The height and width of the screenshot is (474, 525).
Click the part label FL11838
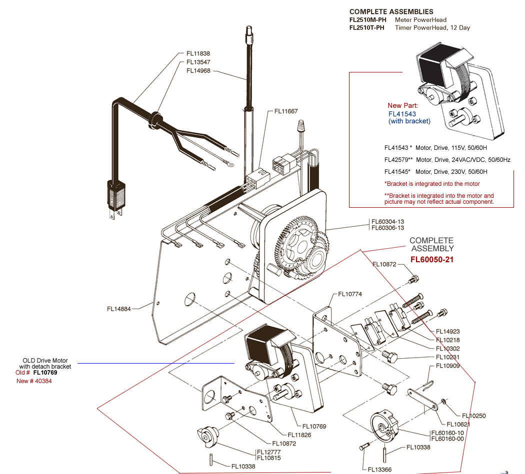tap(198, 53)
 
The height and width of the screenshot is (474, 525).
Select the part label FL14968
tap(198, 71)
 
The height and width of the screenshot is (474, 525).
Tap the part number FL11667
tap(286, 111)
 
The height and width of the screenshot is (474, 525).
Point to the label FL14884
tap(119, 309)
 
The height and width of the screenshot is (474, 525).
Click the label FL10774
tap(350, 294)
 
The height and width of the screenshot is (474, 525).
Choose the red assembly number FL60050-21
tap(432, 260)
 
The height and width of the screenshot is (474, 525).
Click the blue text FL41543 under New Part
tap(402, 114)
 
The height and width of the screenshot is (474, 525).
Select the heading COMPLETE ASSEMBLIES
tap(391, 11)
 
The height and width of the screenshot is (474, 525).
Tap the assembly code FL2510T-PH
tap(366, 28)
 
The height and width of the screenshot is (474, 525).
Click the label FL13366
tap(379, 470)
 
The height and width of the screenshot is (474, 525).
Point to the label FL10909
tap(447, 366)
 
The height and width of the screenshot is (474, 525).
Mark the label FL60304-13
tap(387, 222)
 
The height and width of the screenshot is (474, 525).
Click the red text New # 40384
tap(34, 381)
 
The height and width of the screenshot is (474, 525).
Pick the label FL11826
tap(299, 435)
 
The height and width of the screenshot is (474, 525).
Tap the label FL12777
tap(269, 452)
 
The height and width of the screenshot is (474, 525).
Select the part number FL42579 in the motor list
tap(396, 160)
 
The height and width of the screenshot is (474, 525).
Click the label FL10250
tap(474, 416)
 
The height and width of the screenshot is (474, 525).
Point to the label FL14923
tap(447, 332)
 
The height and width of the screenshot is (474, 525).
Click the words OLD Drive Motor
tap(45, 361)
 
